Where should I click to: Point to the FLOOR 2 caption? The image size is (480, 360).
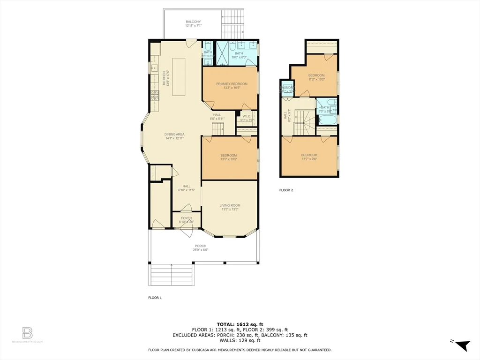tap(286, 190)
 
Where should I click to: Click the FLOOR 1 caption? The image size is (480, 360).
tap(155, 297)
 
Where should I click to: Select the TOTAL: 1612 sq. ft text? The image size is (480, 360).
tap(240, 324)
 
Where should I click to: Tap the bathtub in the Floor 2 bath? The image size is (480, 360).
tap(326, 120)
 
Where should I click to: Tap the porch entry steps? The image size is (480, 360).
tap(172, 274)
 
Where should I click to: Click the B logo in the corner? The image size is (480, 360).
tap(27, 333)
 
